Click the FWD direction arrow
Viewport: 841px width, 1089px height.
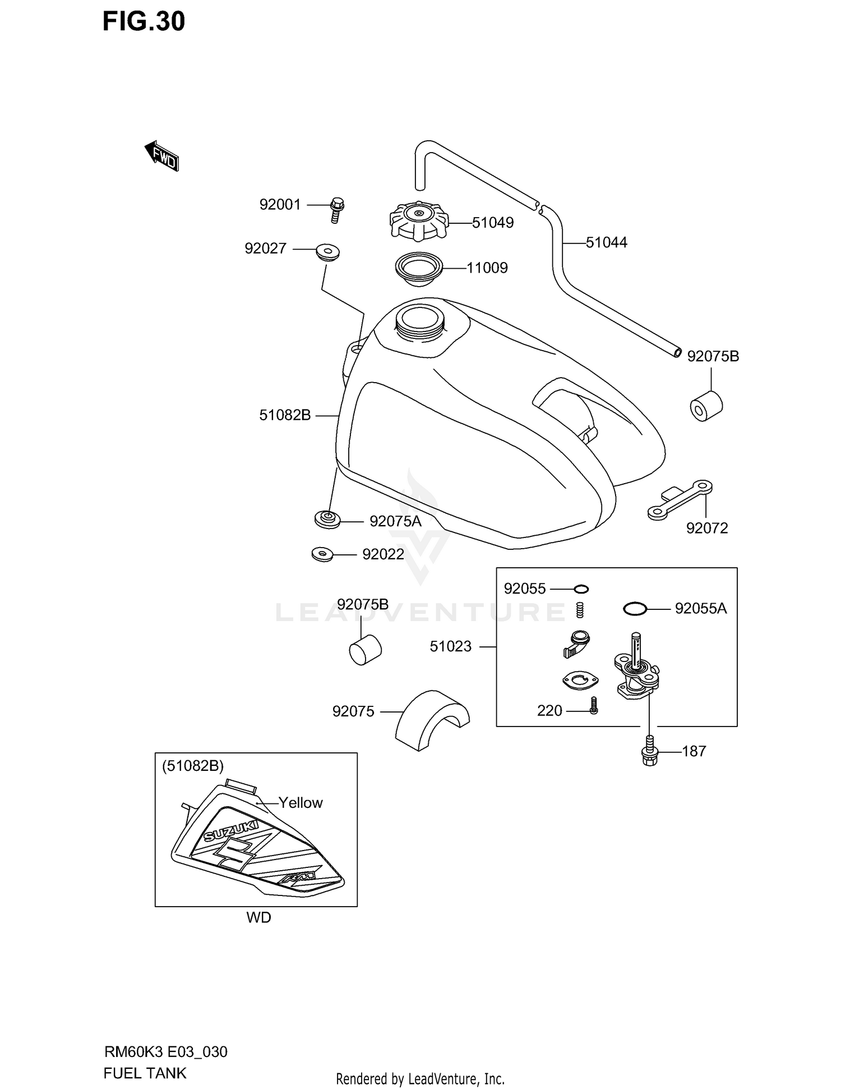161,156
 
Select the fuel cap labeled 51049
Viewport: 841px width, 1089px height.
419,220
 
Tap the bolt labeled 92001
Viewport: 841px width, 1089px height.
337,210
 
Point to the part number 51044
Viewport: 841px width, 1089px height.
607,242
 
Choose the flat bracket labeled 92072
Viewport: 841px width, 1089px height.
680,500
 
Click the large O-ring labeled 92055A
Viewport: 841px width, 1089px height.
636,608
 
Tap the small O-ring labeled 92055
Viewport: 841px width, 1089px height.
581,589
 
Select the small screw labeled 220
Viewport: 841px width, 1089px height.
594,706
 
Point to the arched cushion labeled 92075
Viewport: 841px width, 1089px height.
432,720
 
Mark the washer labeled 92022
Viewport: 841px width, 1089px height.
322,555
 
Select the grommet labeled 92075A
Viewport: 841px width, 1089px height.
327,520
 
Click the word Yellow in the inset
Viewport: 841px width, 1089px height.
301,803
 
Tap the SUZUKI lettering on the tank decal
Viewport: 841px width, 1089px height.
231,831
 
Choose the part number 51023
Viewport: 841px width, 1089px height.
451,646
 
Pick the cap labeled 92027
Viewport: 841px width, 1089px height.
329,252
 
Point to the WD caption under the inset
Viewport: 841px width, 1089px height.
258,917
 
